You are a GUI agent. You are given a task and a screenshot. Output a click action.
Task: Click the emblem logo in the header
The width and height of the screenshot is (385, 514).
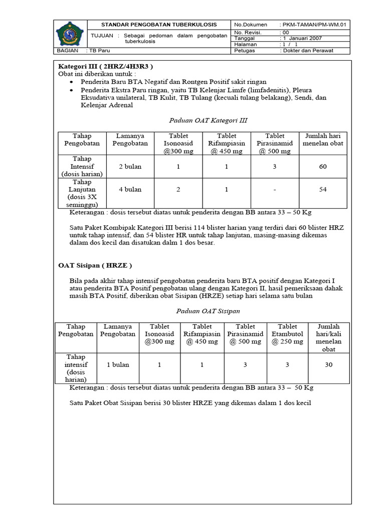pos(70,35)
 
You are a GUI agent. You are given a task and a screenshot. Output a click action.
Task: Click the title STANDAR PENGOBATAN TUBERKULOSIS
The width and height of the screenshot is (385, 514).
pos(159,25)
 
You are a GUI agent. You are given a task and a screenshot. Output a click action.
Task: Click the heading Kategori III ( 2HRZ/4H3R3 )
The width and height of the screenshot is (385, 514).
pos(105,66)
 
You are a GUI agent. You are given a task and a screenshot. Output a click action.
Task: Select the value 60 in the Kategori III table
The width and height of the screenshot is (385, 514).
pos(322,166)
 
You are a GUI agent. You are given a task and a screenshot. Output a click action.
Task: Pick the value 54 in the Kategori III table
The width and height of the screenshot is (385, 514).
pos(322,190)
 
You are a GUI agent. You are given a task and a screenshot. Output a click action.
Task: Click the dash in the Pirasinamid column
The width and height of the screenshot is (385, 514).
pos(274,190)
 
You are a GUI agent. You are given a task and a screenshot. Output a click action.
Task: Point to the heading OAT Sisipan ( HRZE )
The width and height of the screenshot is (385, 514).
pos(96,265)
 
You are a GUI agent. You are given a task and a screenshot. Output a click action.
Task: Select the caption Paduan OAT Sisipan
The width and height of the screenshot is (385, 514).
pos(201,311)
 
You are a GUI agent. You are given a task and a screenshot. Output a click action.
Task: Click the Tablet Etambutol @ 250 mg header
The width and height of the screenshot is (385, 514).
pos(287,334)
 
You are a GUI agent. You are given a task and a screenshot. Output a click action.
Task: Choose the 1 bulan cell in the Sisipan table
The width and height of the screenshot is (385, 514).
pos(118,365)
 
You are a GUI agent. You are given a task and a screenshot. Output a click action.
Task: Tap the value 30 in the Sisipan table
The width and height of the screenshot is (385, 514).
pos(328,365)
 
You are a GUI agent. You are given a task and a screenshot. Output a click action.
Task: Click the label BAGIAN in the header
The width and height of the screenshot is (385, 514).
pos(67,51)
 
